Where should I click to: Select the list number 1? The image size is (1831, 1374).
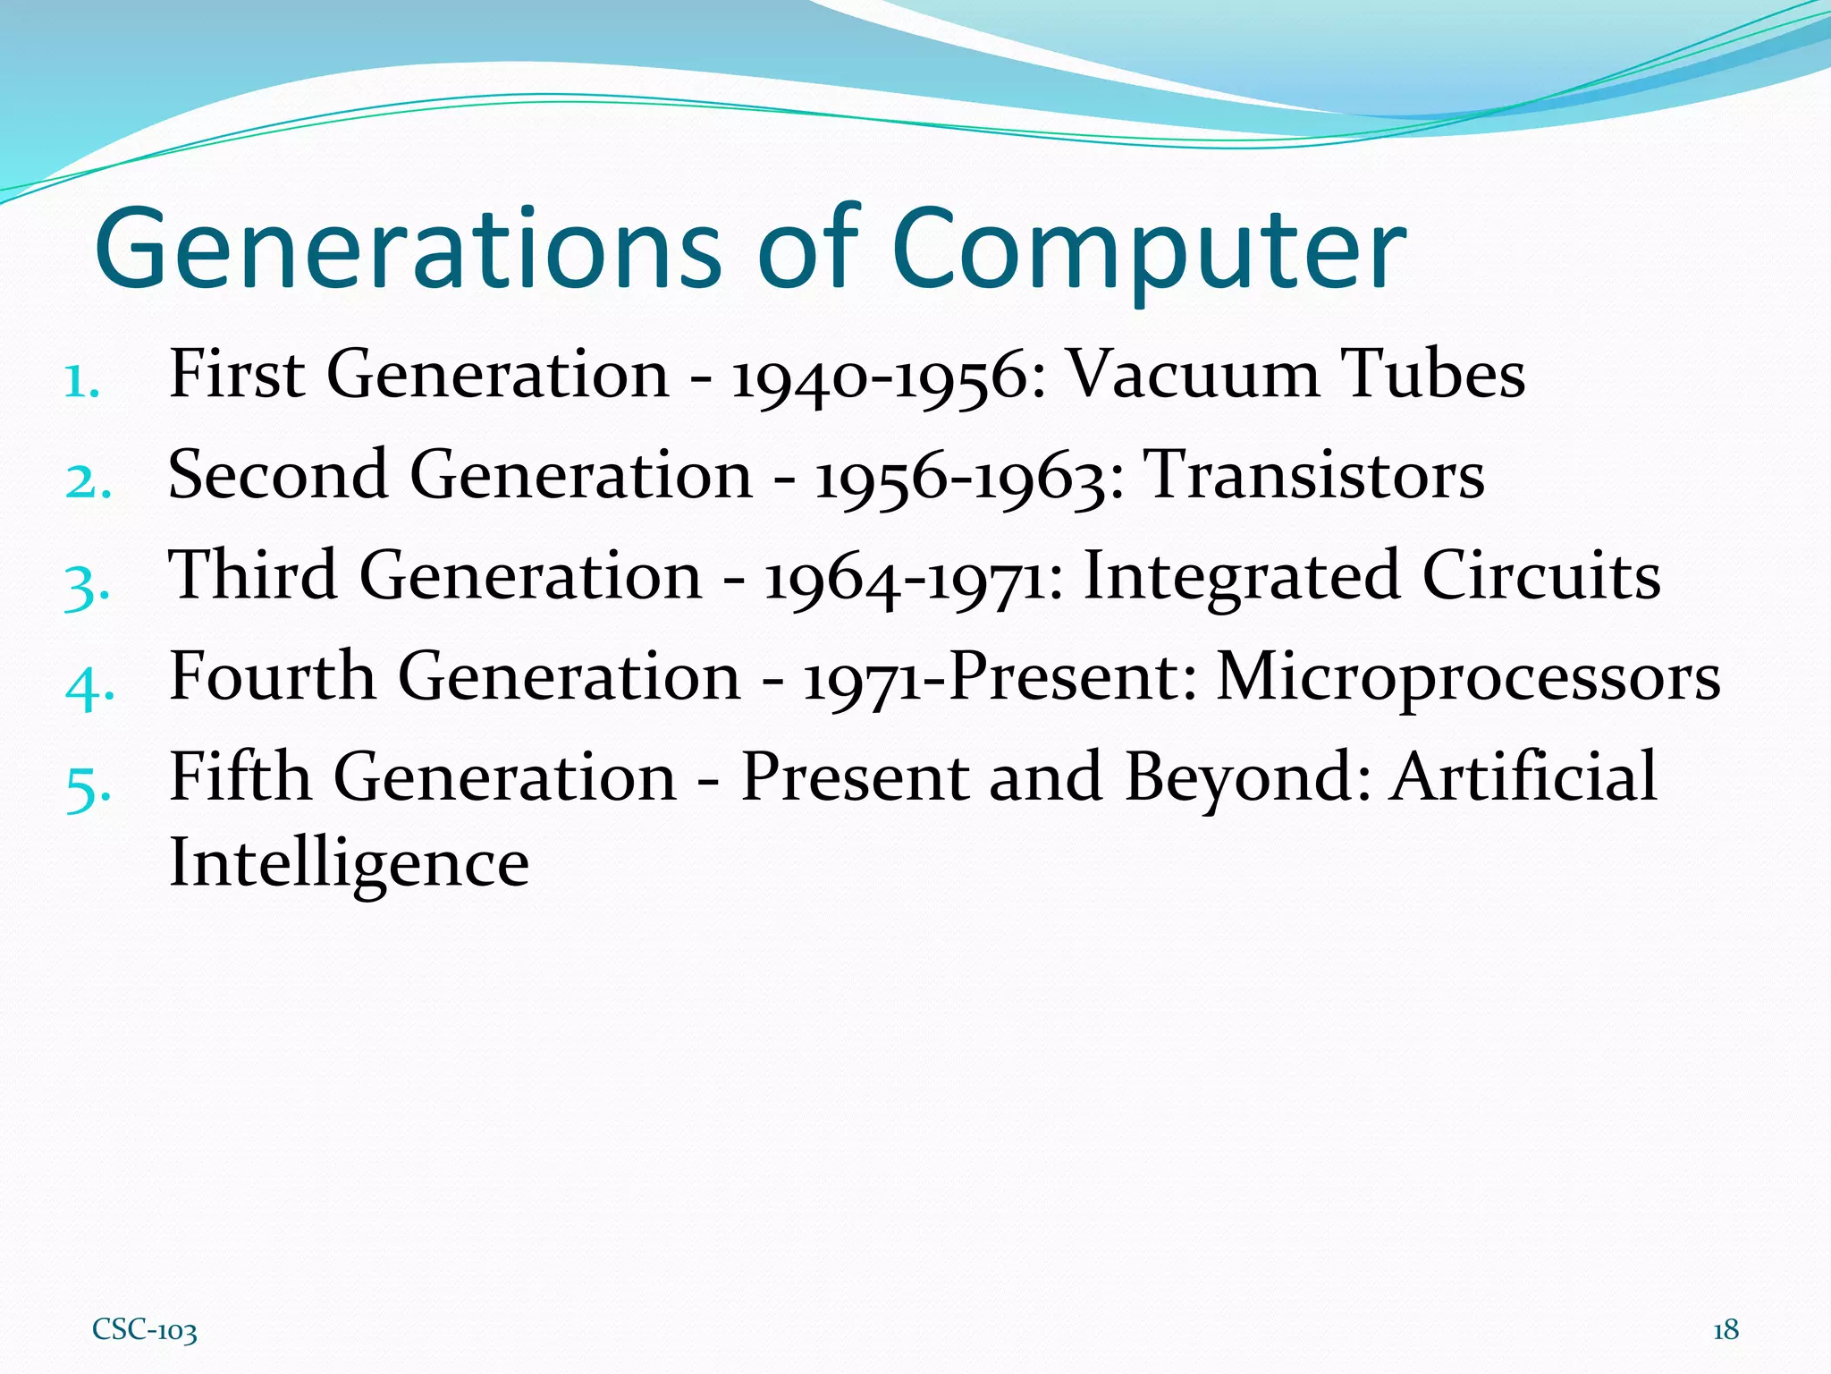[x=81, y=383]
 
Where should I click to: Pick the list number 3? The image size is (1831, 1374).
[x=87, y=586]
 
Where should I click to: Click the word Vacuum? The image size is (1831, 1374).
[x=1194, y=374]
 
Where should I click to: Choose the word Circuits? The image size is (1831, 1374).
[x=1540, y=575]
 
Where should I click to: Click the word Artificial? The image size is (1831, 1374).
[x=1524, y=776]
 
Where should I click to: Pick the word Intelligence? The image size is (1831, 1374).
[x=349, y=864]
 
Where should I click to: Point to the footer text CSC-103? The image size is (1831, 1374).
[x=144, y=1330]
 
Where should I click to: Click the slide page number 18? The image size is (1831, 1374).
[x=1726, y=1330]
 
